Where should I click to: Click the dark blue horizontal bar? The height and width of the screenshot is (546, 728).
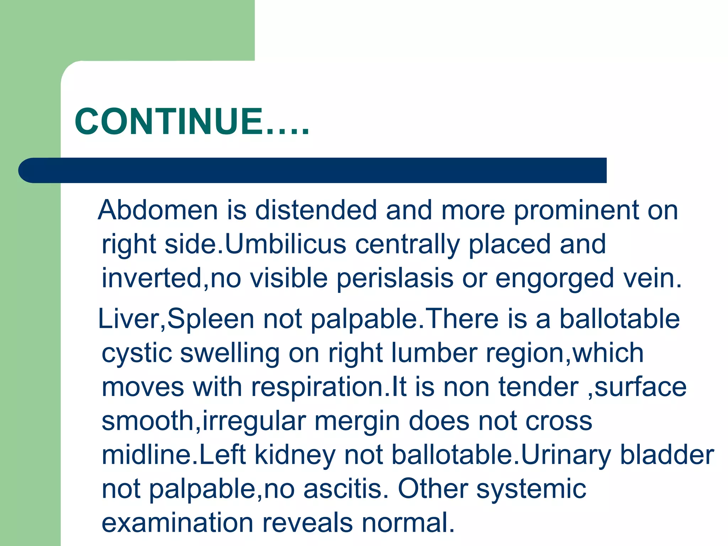[x=313, y=170]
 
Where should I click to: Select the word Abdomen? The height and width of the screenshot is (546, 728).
[x=158, y=210]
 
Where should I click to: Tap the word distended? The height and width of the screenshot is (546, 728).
[x=316, y=210]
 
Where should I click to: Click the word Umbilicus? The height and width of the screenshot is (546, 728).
[x=285, y=244]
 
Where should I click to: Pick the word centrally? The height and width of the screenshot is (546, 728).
[x=407, y=244]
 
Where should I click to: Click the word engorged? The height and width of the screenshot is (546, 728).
[x=555, y=278]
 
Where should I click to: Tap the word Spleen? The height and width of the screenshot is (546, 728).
[x=210, y=319]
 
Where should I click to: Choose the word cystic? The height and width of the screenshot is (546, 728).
[x=136, y=353]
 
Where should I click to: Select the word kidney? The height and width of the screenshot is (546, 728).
[x=295, y=455]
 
